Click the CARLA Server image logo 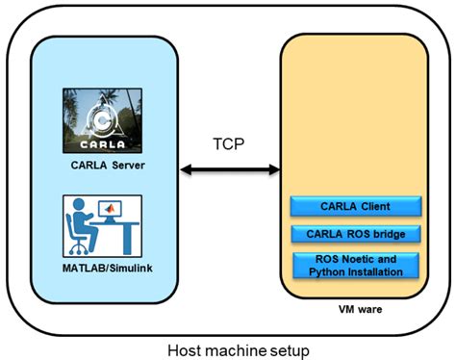click(102, 120)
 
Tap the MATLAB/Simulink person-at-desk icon click(102, 225)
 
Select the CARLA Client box click(355, 206)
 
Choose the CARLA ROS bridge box click(355, 232)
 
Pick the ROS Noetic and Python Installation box click(355, 265)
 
